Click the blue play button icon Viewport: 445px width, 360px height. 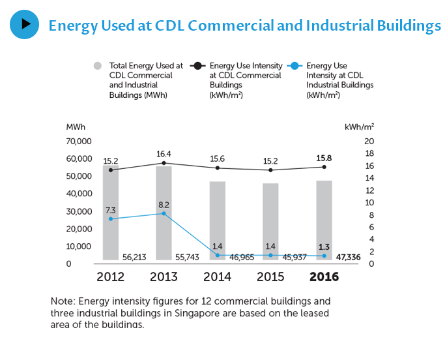[25, 25]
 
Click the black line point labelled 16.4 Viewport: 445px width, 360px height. [164, 163]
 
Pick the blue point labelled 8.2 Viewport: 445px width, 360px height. [164, 213]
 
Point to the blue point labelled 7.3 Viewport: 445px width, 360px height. [111, 218]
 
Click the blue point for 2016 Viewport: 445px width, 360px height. [324, 256]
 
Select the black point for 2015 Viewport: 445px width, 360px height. [271, 170]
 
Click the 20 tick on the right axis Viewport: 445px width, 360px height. [369, 141]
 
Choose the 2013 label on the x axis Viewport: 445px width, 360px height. [164, 277]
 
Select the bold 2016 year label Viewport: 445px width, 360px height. [324, 277]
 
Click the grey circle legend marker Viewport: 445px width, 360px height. [98, 66]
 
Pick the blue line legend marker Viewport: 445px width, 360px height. [294, 66]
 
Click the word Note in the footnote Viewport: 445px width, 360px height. [61, 301]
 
